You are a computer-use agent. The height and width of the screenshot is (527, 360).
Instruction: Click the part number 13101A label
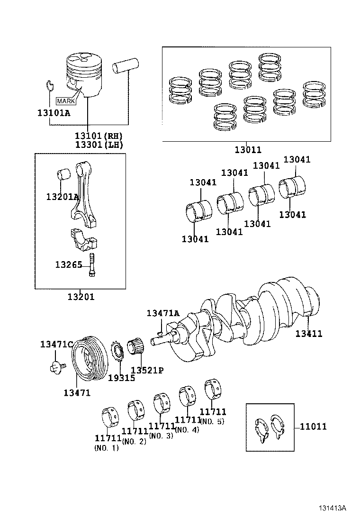54,112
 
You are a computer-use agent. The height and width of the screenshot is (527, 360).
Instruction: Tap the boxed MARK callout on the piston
66,101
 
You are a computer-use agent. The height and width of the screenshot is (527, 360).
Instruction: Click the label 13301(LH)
99,145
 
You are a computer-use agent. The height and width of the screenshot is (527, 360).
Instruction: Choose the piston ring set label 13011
247,150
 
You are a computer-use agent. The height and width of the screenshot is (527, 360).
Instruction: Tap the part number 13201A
62,197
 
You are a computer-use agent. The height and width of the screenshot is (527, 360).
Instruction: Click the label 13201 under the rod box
81,297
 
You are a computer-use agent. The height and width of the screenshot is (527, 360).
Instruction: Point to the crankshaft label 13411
308,334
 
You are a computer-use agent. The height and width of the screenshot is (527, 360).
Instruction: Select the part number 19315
121,378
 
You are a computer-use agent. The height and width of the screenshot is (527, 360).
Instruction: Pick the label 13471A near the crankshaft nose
163,313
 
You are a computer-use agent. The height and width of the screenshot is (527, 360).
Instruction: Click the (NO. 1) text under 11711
107,448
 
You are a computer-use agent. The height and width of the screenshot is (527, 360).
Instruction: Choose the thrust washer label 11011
313,427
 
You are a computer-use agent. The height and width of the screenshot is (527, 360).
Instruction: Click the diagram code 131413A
332,508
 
